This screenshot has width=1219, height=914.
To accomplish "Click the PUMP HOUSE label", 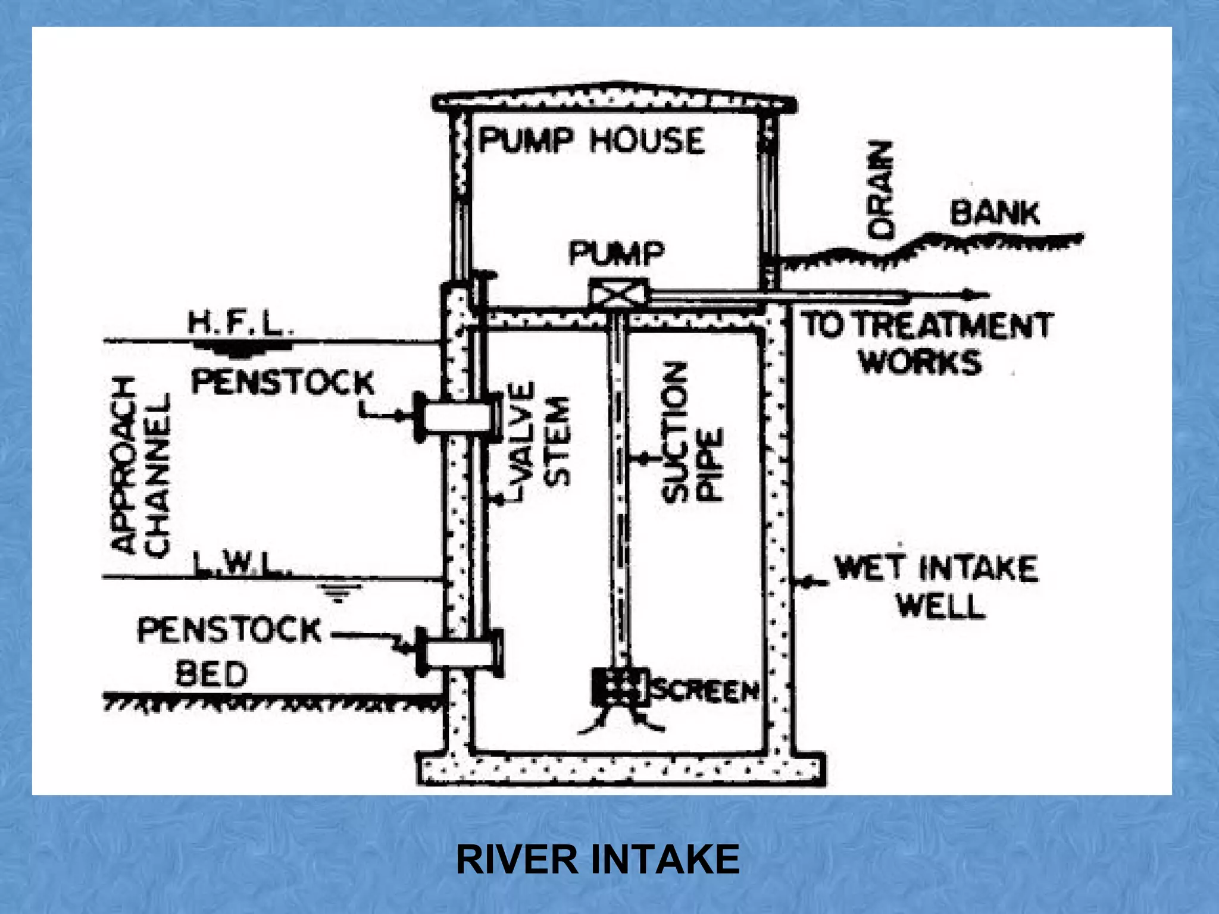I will pos(591,141).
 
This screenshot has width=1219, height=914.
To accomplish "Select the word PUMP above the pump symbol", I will pos(616,253).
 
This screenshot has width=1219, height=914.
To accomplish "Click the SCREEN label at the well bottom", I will pos(706,690).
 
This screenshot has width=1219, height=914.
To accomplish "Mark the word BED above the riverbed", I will pos(211,674).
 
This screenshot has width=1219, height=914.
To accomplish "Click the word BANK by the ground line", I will pos(995,213).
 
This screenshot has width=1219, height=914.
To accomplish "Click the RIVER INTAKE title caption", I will pos(598,859).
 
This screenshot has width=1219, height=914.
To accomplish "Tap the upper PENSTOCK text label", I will pos(283,382).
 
